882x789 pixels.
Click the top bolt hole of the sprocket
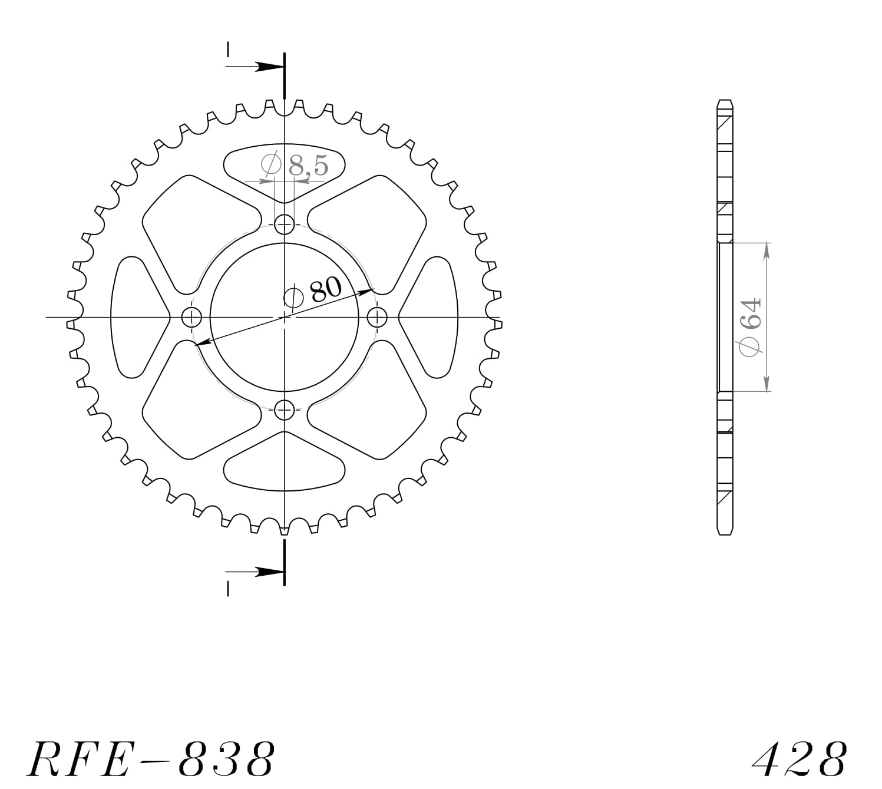coord(285,225)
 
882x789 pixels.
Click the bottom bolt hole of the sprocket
coord(285,409)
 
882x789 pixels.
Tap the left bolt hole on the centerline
coord(191,317)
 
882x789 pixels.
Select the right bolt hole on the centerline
coord(377,317)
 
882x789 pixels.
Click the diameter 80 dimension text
coord(313,292)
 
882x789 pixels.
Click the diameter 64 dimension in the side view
coord(751,327)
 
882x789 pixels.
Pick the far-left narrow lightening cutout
coord(136,317)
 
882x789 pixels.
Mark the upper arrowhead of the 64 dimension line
coord(766,250)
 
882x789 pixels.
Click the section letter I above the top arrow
coord(227,49)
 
